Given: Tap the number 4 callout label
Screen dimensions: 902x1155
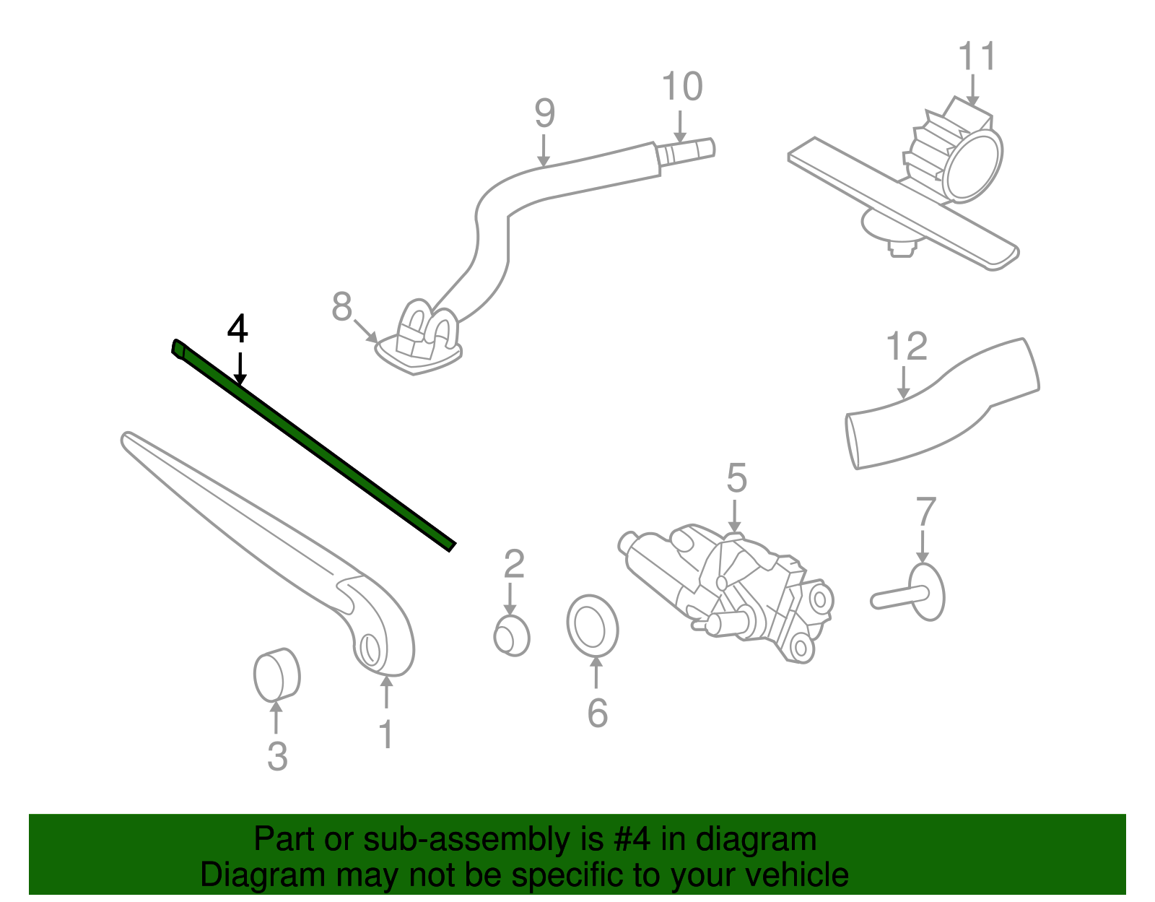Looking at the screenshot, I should pos(237,329).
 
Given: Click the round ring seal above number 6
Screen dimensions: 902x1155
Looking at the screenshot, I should pos(592,626).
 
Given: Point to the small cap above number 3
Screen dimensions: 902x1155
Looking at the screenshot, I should pos(276,675).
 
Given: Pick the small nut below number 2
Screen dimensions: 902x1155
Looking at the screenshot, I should pos(512,636).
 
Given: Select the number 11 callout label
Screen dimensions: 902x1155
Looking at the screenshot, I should pos(977,56).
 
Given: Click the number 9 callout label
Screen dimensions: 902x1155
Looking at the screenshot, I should pos(545,113).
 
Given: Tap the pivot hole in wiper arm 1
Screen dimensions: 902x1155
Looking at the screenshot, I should pos(369,649).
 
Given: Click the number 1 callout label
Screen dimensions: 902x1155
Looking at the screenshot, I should pos(386,734).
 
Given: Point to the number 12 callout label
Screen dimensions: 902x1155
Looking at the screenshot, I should pos(906,347).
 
